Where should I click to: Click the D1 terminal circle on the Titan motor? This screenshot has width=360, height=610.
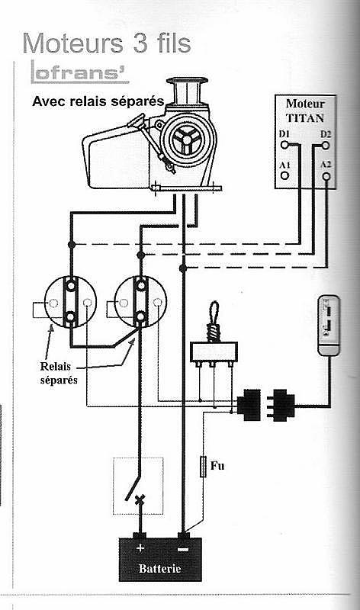pos(285,145)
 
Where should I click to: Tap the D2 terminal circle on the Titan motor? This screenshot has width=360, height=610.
pos(326,146)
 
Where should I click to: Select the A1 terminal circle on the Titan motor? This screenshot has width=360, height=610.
pos(285,175)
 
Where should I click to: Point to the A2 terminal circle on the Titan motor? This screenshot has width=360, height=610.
pos(326,177)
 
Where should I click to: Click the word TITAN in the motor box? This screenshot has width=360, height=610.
pos(305,117)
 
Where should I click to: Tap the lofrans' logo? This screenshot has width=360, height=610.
pos(80,72)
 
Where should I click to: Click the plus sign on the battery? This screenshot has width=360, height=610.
pos(140,547)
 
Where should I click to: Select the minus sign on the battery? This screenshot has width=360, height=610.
pos(182,549)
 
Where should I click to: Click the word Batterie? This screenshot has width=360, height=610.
pos(159,568)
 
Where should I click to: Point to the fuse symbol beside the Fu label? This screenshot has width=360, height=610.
pos(203,467)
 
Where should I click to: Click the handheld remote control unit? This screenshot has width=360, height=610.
pos(329,326)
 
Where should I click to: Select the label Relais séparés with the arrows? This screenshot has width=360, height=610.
pos(59,373)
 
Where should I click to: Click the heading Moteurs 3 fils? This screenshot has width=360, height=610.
pos(107,43)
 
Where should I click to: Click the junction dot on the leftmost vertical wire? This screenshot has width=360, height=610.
pos(71,244)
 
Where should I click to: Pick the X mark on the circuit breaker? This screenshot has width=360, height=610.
pos(140,499)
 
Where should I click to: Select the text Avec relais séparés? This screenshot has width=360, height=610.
pos(98,101)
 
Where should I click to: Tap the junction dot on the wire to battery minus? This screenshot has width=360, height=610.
pos(183,268)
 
